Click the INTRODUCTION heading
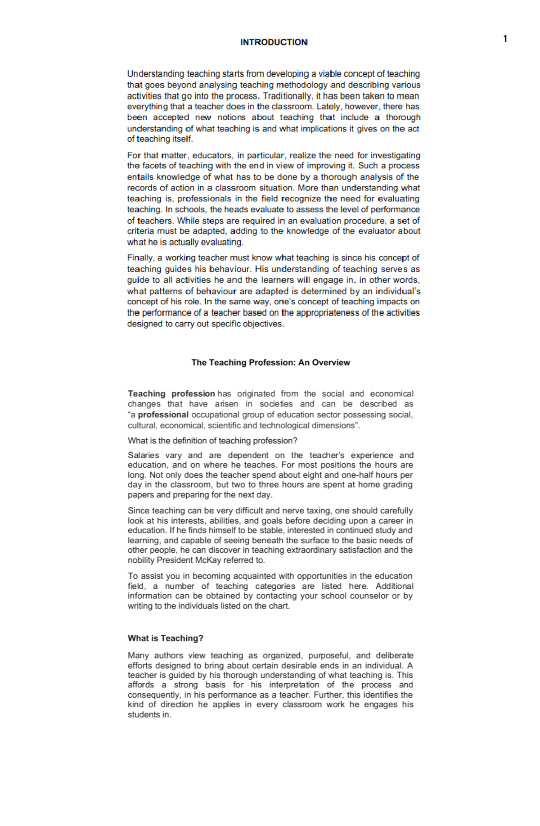coord(274,42)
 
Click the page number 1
coord(505,39)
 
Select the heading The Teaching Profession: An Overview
coord(270,362)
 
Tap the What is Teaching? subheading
coord(165,638)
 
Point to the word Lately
coord(328,107)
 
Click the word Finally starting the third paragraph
coord(140,258)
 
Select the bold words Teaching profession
coord(171,393)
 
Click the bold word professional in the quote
coord(163,415)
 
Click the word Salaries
coord(143,455)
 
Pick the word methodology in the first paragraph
coord(302,85)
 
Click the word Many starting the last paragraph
coord(138,655)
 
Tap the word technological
coord(284,425)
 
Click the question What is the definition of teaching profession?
coord(212,441)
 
